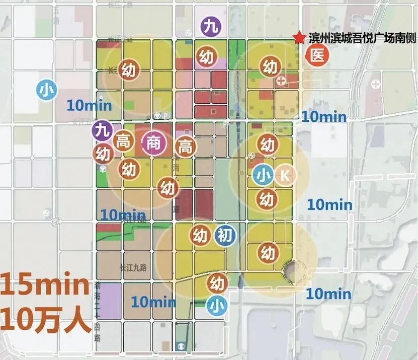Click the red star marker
(x=300, y=38)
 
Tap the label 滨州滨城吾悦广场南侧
(x=359, y=38)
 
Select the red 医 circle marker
(x=317, y=55)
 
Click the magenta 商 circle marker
(x=152, y=144)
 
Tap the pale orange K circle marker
(x=285, y=175)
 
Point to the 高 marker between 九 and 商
(x=122, y=142)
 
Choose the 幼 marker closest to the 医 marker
(x=270, y=66)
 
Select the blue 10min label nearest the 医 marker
(x=324, y=117)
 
